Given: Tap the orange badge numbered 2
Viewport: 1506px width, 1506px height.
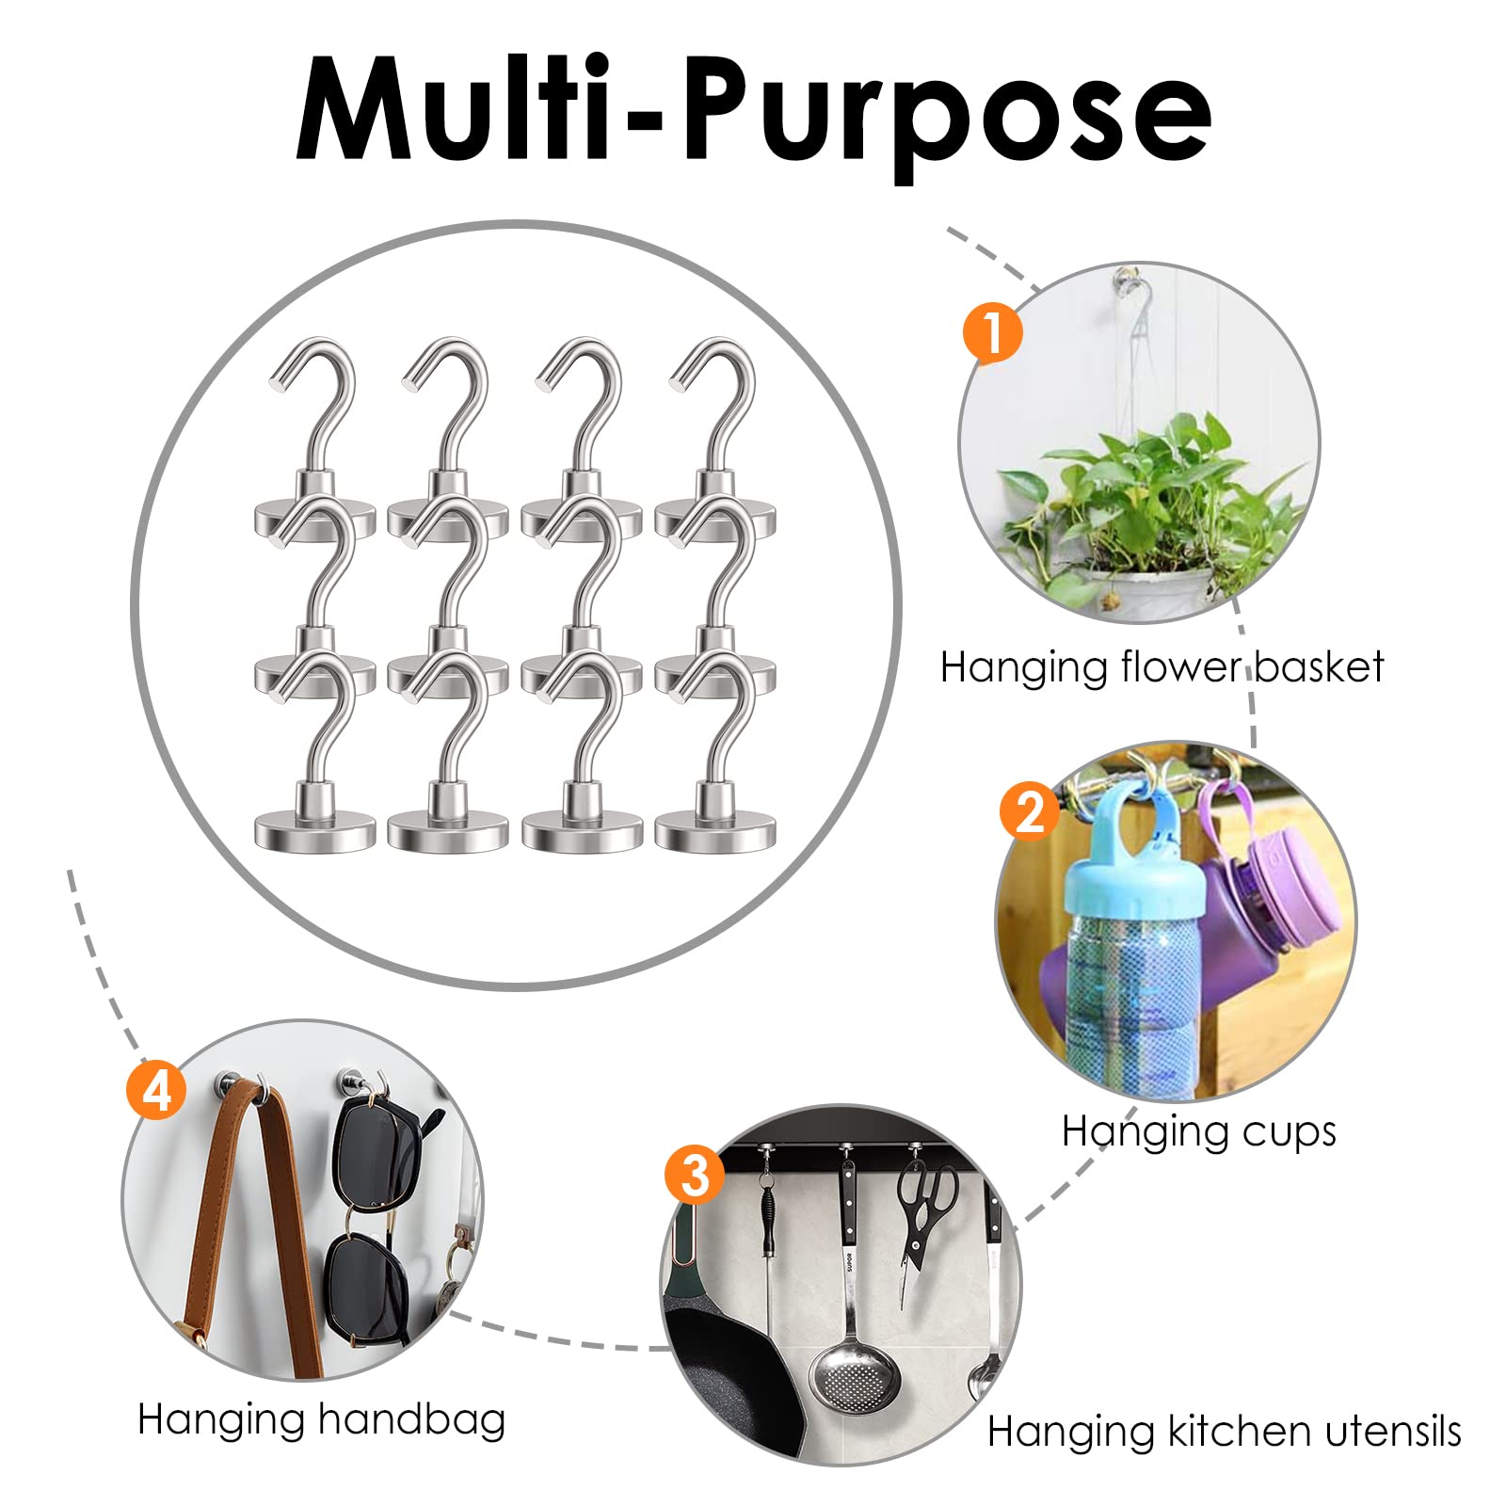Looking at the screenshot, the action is (1030, 810).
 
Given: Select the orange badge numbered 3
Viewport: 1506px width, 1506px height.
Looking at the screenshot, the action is (695, 1174).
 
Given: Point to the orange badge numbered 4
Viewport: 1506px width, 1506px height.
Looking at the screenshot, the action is (156, 1091).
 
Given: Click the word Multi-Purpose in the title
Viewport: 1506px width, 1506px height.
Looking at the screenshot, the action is (753, 111).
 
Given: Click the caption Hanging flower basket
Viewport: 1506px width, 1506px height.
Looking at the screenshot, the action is (1162, 667).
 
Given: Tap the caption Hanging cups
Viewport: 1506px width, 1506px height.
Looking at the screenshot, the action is (1198, 1131).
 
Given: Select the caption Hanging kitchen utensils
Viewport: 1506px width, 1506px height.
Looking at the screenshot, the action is (1224, 1432).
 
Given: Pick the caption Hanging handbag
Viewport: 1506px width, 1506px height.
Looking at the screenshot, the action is (321, 1419).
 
